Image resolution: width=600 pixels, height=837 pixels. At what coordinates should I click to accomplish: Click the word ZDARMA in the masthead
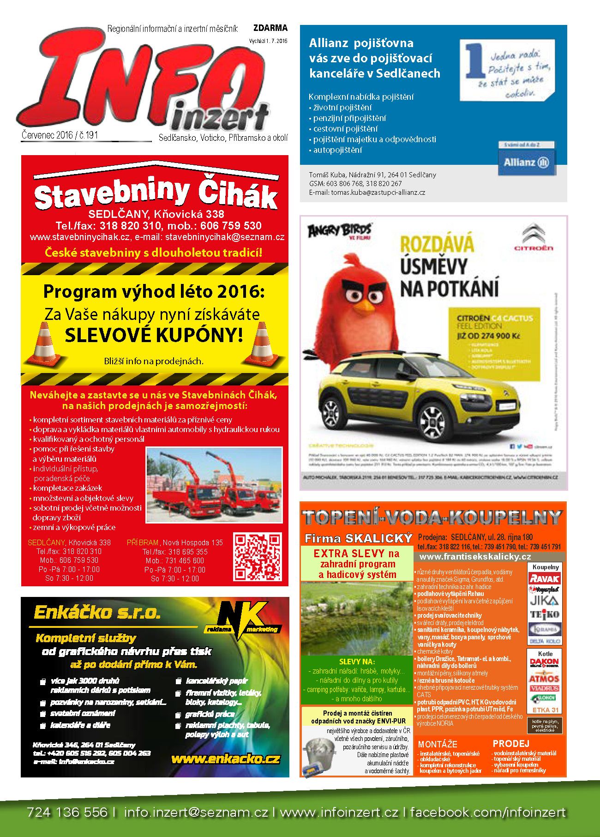click(270, 28)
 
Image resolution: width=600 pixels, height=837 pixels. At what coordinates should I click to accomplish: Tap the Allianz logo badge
click(527, 162)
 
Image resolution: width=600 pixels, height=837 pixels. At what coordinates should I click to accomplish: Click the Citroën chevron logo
click(534, 235)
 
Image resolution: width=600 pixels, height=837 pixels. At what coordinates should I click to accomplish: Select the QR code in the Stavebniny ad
click(257, 556)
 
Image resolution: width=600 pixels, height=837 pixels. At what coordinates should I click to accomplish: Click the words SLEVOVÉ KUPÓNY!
click(154, 335)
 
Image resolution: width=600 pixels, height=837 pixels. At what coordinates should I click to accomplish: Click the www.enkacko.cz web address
click(225, 759)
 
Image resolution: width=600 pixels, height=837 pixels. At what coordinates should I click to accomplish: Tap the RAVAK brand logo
click(545, 578)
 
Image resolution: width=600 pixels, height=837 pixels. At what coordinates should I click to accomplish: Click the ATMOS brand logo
click(544, 679)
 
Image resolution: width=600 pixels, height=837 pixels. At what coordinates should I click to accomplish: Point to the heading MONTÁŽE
click(437, 744)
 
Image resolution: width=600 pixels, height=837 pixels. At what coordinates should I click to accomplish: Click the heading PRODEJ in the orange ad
click(511, 743)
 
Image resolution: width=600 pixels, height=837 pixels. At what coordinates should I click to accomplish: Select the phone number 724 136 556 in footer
click(67, 812)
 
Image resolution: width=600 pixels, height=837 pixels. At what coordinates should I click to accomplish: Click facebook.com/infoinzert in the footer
click(487, 812)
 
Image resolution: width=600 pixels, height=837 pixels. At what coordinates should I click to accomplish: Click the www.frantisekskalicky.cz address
click(475, 557)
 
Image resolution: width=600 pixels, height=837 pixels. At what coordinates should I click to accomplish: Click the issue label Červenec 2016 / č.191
click(60, 135)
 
